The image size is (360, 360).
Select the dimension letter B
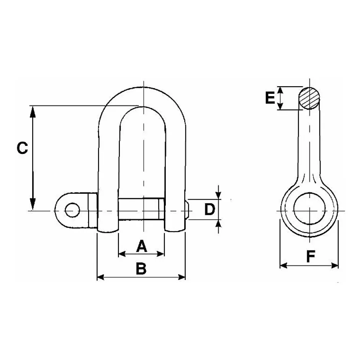coord(141,268)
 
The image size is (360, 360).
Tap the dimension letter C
coord(23,148)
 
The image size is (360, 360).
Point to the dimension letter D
coord(209,209)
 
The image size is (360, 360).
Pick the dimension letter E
coord(270,98)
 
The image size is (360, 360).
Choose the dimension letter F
coord(311,256)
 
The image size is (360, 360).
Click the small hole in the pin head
coord(72,210)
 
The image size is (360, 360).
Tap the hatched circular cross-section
coord(309,98)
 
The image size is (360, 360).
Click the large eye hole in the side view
coord(309,209)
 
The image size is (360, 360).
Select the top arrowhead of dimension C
coord(33,112)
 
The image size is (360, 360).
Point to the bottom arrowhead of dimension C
coord(33,204)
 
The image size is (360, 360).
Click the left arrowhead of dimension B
coord(101,277)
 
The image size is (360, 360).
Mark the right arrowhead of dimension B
coord(182,277)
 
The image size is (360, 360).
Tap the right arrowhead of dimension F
coord(335,266)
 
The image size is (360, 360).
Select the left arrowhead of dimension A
coord(122,254)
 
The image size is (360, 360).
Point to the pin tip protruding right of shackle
coord(187,210)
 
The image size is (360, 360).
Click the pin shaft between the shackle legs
coord(141,209)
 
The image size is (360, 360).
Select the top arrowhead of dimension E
coord(280,90)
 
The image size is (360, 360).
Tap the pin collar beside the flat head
coord(93,210)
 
